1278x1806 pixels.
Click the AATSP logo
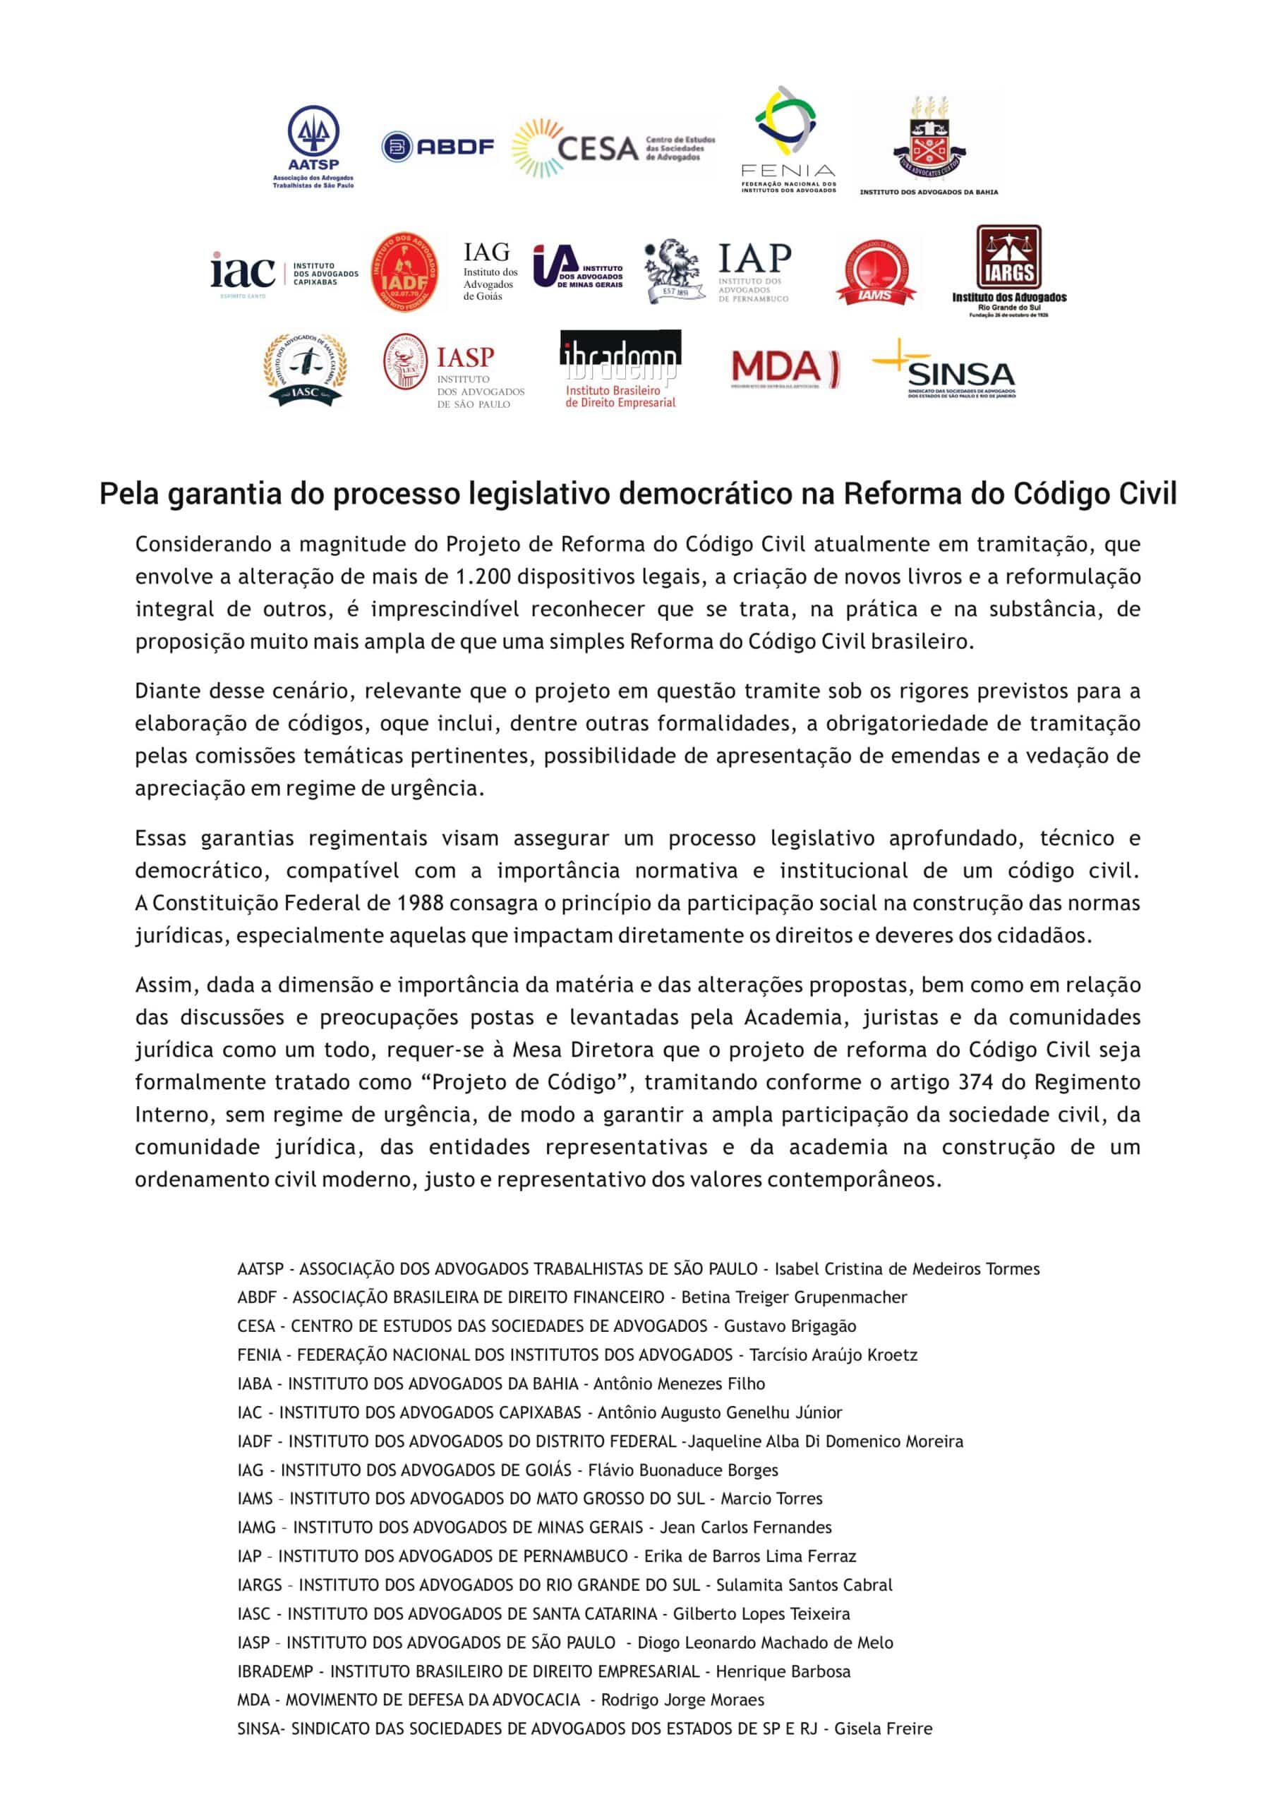[313, 147]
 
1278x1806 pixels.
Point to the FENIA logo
[788, 139]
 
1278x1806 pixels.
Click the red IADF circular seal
[404, 272]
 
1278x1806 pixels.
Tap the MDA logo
[785, 368]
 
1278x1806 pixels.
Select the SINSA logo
[944, 369]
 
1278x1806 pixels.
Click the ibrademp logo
[620, 368]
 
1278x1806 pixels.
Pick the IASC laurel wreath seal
[306, 368]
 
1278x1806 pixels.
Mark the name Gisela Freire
[883, 1729]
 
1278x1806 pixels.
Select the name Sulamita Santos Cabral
[804, 1585]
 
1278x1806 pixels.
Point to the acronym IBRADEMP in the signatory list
[275, 1671]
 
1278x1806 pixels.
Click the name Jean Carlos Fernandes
[745, 1527]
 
